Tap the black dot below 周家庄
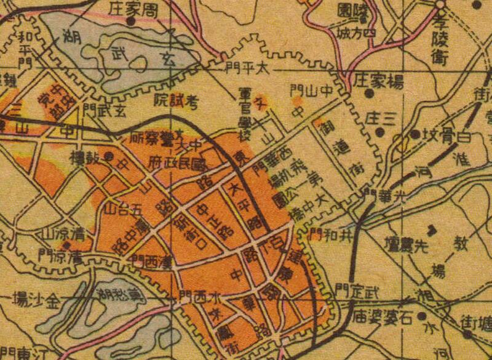130,20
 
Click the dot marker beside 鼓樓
108,156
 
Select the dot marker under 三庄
380,131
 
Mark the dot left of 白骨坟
415,133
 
